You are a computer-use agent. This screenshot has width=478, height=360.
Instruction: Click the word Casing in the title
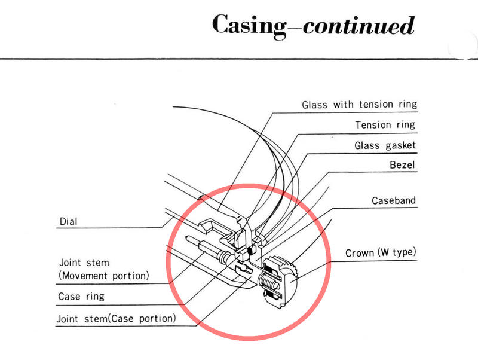[x=249, y=26]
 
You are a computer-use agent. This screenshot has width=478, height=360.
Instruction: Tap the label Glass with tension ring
[x=360, y=105]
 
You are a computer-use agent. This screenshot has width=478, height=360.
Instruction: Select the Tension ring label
[x=385, y=125]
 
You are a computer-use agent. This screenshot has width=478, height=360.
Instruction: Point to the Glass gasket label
[x=385, y=145]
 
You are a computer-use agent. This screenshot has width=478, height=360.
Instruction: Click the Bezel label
[x=402, y=165]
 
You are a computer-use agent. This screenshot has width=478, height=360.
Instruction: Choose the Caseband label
[x=394, y=200]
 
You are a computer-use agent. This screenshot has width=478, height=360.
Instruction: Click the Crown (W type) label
[x=381, y=252]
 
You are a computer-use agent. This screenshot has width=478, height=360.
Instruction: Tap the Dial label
[x=68, y=221]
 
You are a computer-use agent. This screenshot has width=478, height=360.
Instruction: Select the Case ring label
[x=81, y=297]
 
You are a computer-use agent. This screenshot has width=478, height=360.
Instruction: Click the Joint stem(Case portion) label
[x=116, y=319]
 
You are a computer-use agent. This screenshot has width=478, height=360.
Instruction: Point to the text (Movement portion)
[x=103, y=276]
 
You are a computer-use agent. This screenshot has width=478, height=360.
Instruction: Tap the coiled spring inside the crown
[x=269, y=283]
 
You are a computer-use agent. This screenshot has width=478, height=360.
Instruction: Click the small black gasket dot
[x=252, y=251]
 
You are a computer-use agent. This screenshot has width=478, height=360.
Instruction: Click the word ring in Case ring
[x=95, y=297]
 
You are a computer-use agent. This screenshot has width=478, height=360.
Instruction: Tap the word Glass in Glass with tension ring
[x=315, y=105]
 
